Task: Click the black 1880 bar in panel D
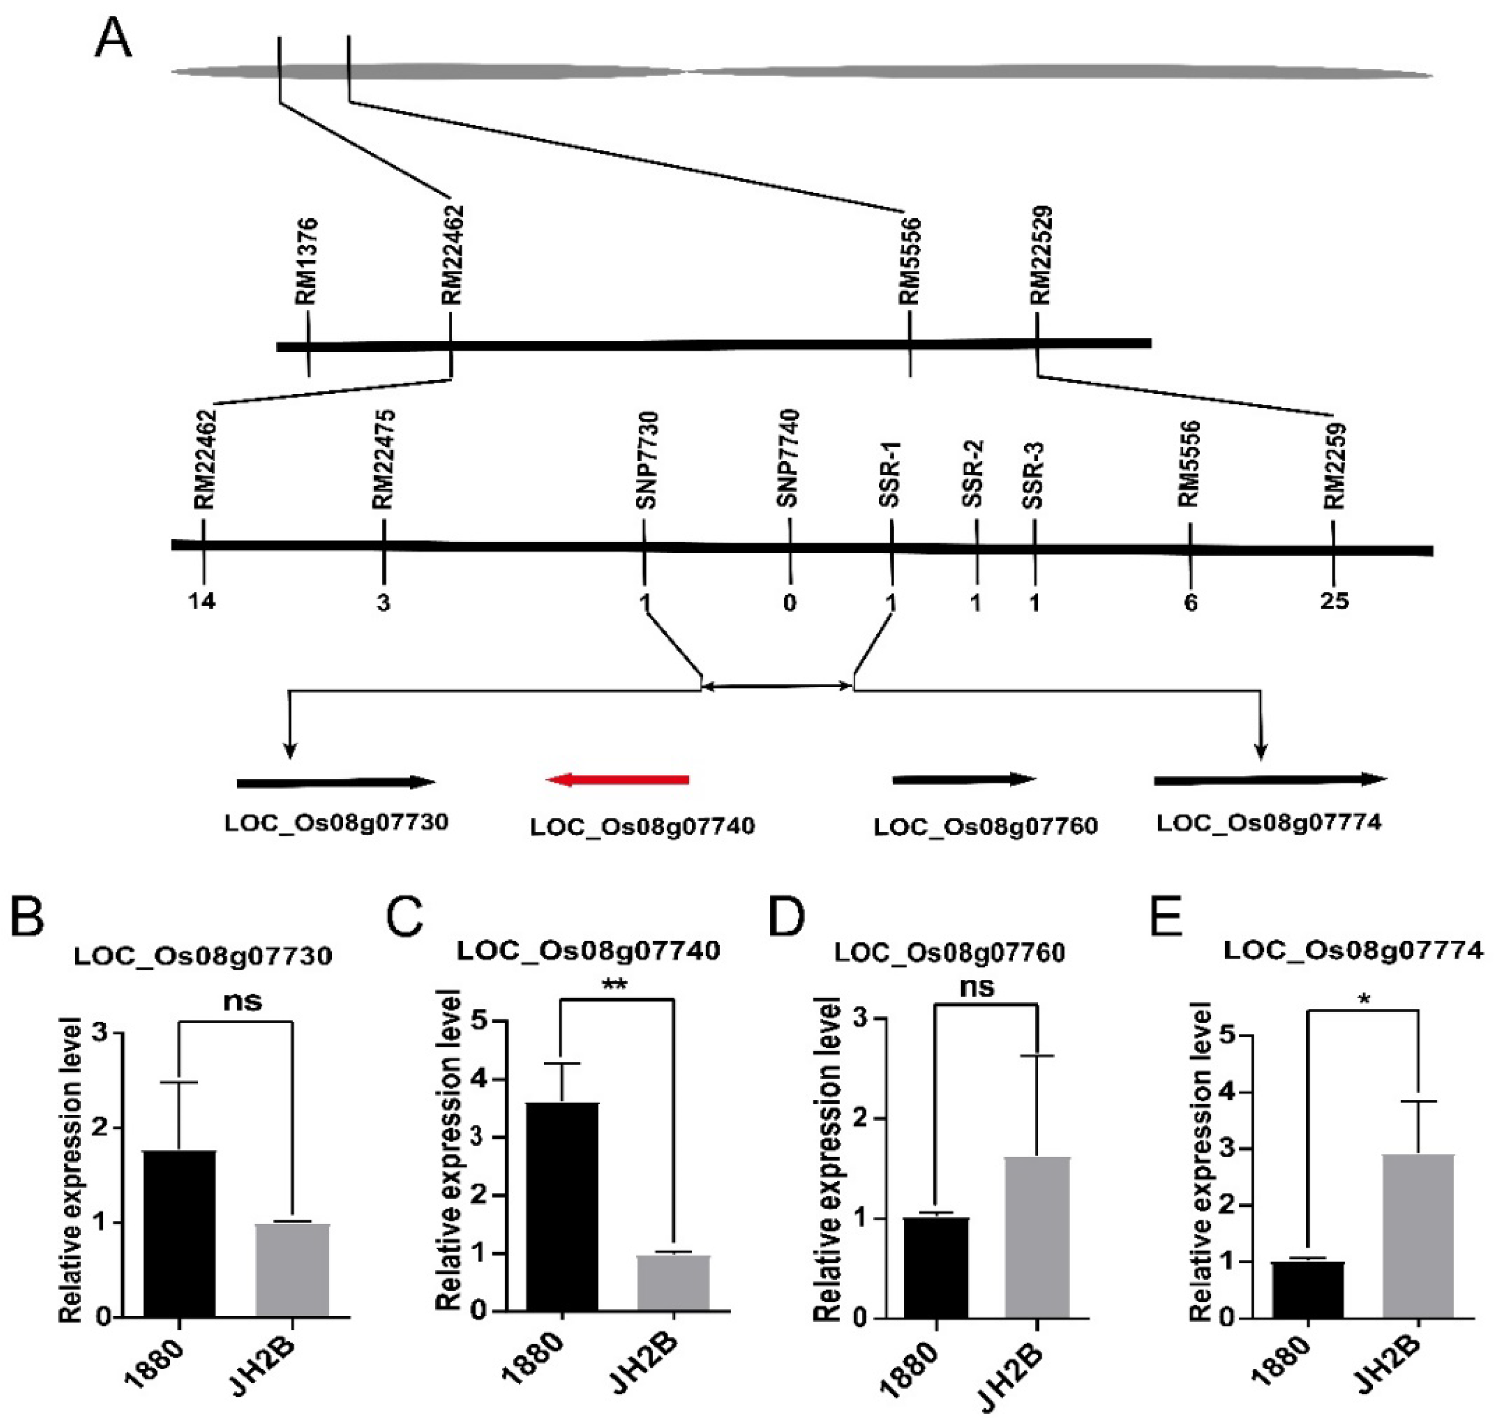coord(937,1267)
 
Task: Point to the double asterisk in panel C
coord(615,985)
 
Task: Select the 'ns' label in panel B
coord(243,1001)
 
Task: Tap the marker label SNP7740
coord(788,458)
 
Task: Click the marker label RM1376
coord(307,262)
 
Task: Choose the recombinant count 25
coord(1334,602)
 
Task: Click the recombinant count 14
coord(202,602)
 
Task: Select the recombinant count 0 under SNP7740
coord(790,603)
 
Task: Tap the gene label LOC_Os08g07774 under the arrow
coord(1268,823)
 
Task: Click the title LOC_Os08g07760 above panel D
coord(949,952)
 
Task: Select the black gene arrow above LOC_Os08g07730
coord(335,782)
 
